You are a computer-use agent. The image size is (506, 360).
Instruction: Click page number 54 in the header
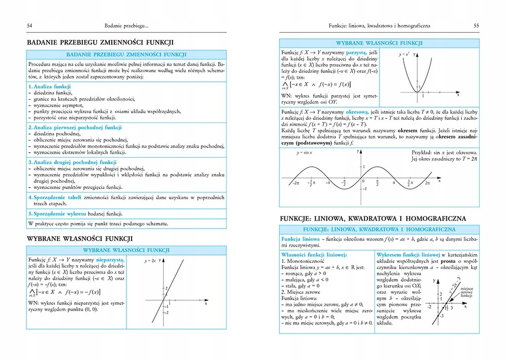30,25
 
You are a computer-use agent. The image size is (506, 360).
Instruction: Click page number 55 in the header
476,25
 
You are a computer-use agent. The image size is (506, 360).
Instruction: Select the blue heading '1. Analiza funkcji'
49,87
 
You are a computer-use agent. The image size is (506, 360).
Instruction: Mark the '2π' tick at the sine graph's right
428,182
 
